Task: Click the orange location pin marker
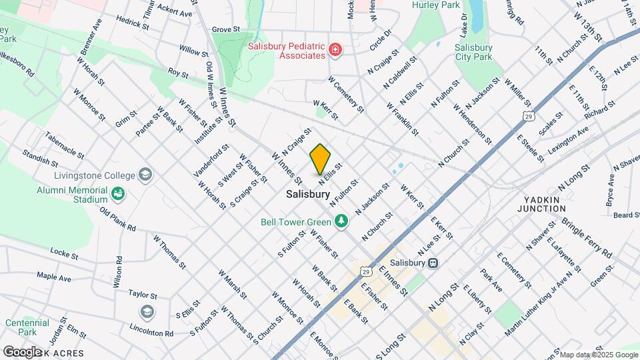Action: coord(320,159)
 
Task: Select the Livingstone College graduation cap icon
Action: coord(145,175)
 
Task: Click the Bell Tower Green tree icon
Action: coord(341,221)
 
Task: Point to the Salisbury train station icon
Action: coord(433,263)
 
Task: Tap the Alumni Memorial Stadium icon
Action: coord(118,194)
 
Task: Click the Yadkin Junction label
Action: coord(546,204)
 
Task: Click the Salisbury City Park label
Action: coord(473,53)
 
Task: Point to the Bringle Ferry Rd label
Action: coord(587,237)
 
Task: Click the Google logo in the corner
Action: coord(21,351)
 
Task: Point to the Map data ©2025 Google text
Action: coord(598,355)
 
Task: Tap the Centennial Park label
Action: coord(27,327)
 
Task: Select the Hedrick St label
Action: coord(132,23)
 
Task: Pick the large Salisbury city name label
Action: coord(307,195)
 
